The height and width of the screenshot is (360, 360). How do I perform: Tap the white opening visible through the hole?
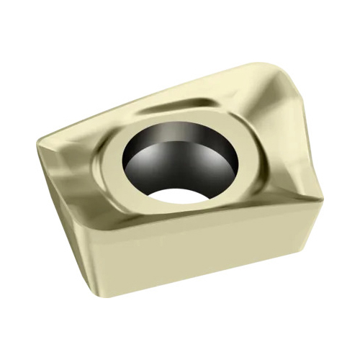coord(177,194)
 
